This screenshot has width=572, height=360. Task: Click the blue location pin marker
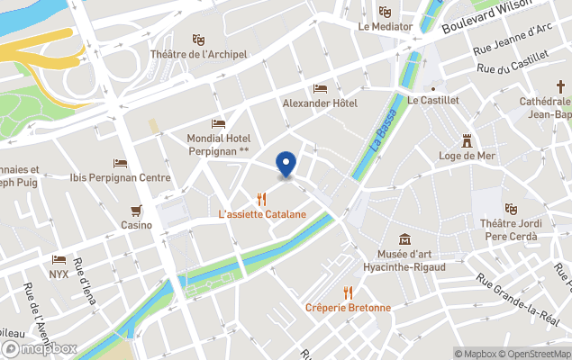tap(286, 164)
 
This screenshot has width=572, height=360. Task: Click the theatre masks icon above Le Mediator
tap(385, 12)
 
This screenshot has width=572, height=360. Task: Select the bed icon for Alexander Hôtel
tap(320, 88)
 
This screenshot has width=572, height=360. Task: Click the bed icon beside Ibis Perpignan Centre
tap(120, 163)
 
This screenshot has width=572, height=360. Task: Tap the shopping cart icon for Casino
tap(136, 211)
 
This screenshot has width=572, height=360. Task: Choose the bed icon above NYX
tap(59, 259)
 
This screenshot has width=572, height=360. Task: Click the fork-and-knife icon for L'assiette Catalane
tap(262, 199)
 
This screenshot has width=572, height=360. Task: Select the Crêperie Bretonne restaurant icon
tap(348, 292)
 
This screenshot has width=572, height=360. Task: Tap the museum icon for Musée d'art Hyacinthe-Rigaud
tap(405, 239)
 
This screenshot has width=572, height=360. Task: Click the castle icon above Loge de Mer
tap(468, 140)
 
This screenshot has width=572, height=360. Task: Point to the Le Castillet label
tap(433, 101)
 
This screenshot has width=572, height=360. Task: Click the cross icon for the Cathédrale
tap(559, 87)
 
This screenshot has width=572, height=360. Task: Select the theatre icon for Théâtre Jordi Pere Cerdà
tap(511, 209)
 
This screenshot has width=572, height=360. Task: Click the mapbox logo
tap(40, 348)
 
